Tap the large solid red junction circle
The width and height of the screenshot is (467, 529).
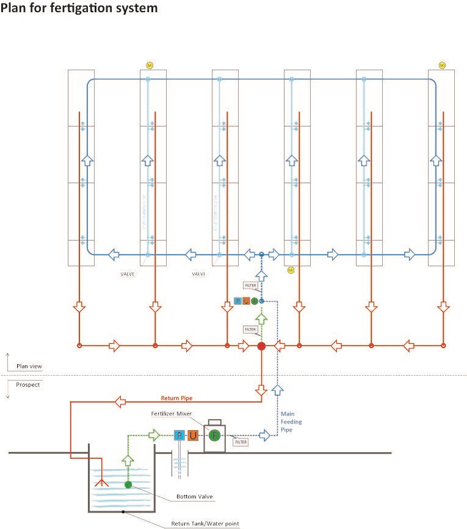261,346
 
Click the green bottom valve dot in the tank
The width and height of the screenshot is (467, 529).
128,485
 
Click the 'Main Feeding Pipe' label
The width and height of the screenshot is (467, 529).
291,421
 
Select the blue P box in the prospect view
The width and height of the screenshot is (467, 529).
179,436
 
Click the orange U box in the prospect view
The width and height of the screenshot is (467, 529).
193,436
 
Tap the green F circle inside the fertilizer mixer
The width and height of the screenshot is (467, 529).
214,436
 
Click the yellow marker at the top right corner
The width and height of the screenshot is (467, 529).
442,65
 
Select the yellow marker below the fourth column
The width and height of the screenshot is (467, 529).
291,269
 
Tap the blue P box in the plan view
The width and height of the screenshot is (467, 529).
237,301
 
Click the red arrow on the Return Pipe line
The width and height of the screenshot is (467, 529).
121,401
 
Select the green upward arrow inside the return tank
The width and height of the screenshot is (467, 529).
128,460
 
